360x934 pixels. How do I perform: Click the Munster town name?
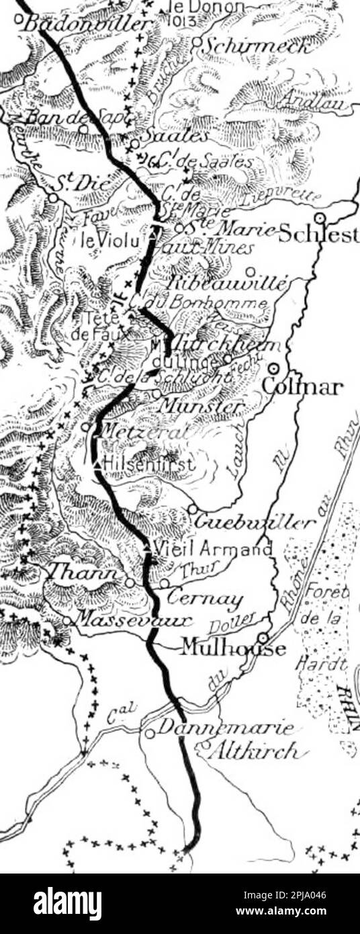[x=202, y=407]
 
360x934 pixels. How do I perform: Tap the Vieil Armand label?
[x=212, y=549]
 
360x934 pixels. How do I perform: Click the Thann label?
[x=85, y=572]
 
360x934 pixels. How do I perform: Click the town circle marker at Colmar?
[x=274, y=368]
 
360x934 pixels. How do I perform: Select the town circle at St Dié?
[x=52, y=198]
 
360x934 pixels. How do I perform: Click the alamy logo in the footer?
[x=68, y=904]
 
